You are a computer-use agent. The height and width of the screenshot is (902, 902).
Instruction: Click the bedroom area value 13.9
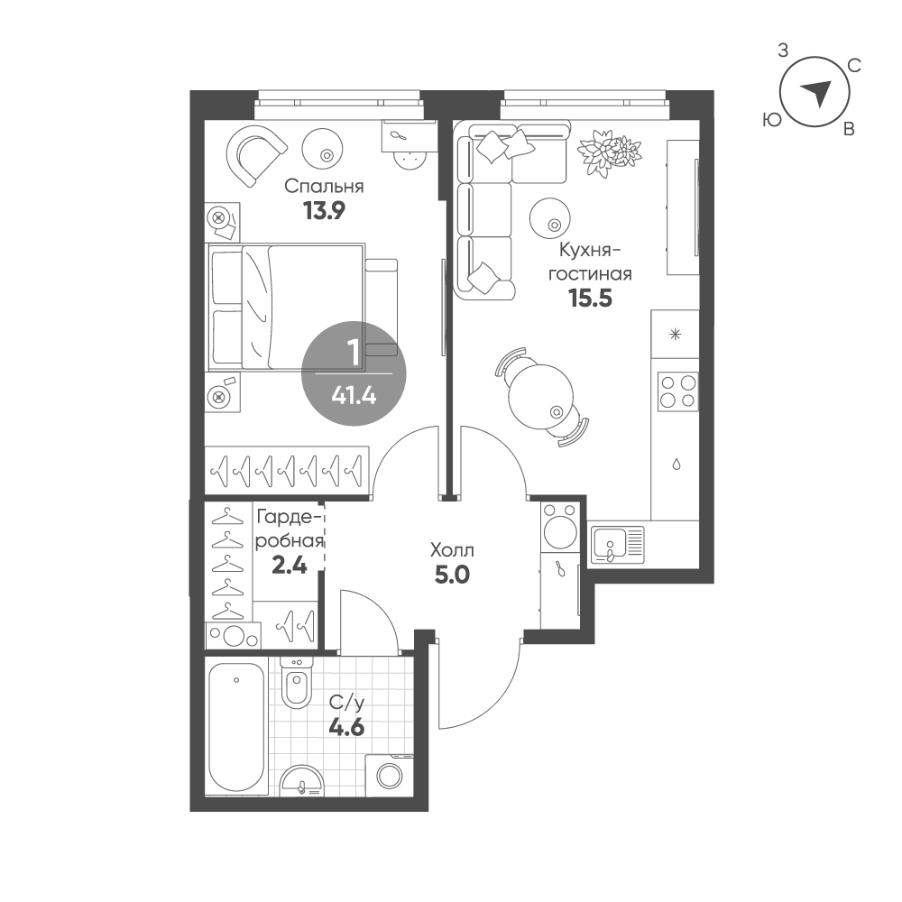tap(324, 211)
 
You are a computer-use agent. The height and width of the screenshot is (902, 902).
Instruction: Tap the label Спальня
tap(325, 187)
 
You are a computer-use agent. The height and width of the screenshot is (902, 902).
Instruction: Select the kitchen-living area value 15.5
tap(590, 298)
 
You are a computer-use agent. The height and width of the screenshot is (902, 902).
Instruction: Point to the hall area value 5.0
tap(452, 575)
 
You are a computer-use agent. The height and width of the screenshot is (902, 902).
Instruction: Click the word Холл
tap(452, 550)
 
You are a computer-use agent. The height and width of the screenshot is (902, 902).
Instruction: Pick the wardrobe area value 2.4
tap(289, 566)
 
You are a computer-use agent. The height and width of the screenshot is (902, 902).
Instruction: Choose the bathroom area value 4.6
tap(346, 728)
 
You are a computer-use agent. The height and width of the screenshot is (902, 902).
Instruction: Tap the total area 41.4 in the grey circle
tap(354, 396)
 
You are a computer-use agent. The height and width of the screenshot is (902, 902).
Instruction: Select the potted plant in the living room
tap(610, 152)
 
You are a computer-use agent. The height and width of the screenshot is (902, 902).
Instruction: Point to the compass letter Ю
tap(773, 120)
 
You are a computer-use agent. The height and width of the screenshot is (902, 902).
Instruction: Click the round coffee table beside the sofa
tap(550, 217)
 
